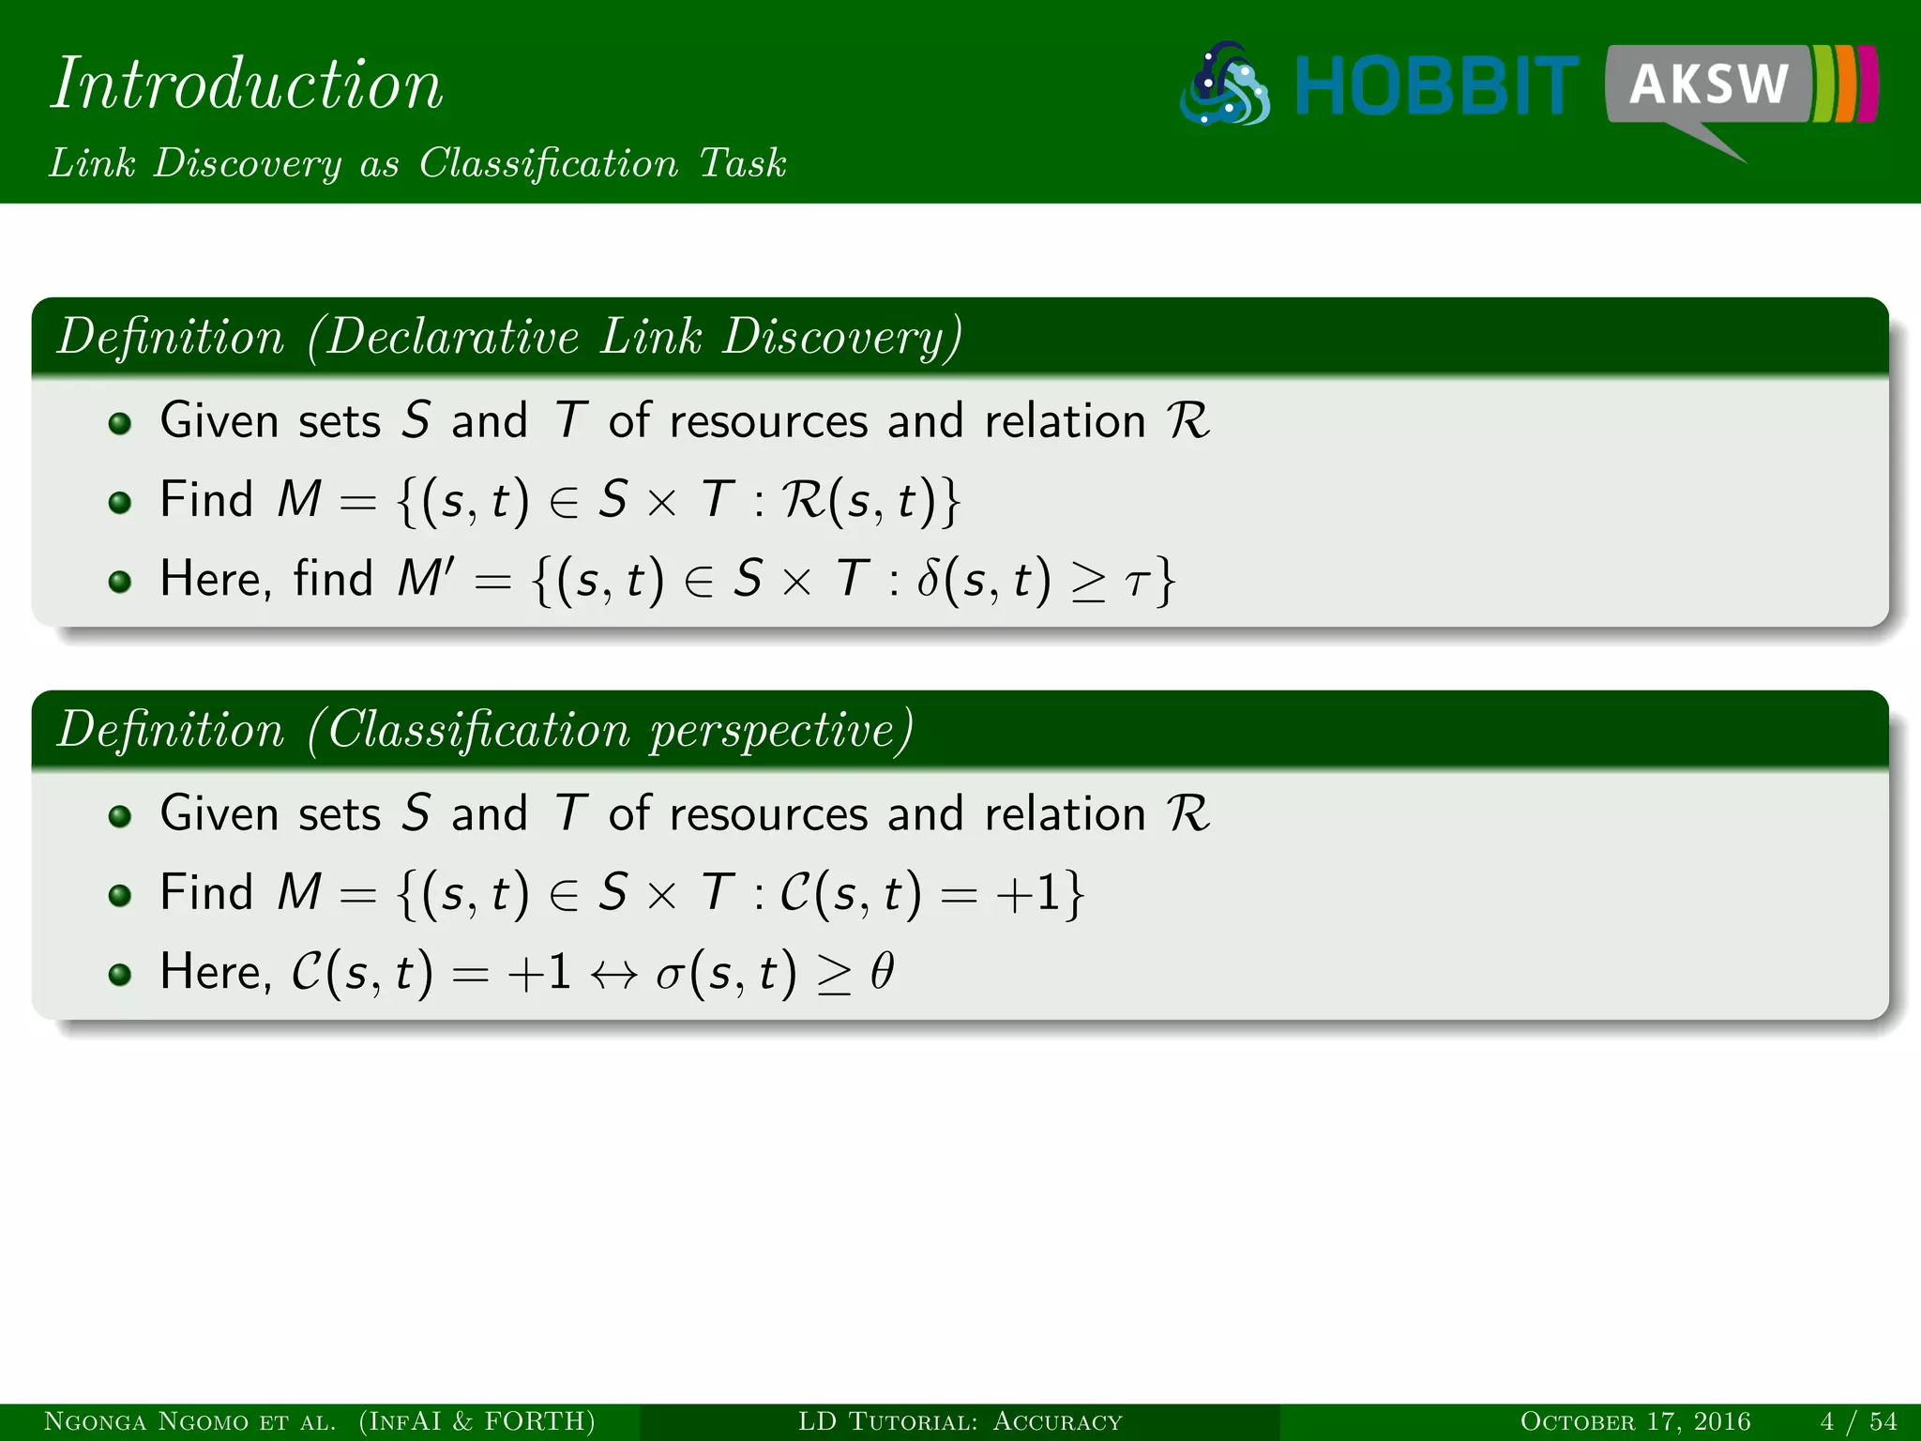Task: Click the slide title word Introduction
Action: point(247,84)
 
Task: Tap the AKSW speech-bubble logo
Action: point(1709,84)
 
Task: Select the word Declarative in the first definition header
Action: point(452,337)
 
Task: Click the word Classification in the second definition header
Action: point(478,730)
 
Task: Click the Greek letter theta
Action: point(882,972)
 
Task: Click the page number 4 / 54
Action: point(1858,1422)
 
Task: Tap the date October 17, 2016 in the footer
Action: point(1635,1422)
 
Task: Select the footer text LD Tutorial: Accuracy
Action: point(960,1422)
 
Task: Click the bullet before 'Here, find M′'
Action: point(119,582)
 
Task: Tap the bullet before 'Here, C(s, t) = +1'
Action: point(119,975)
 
